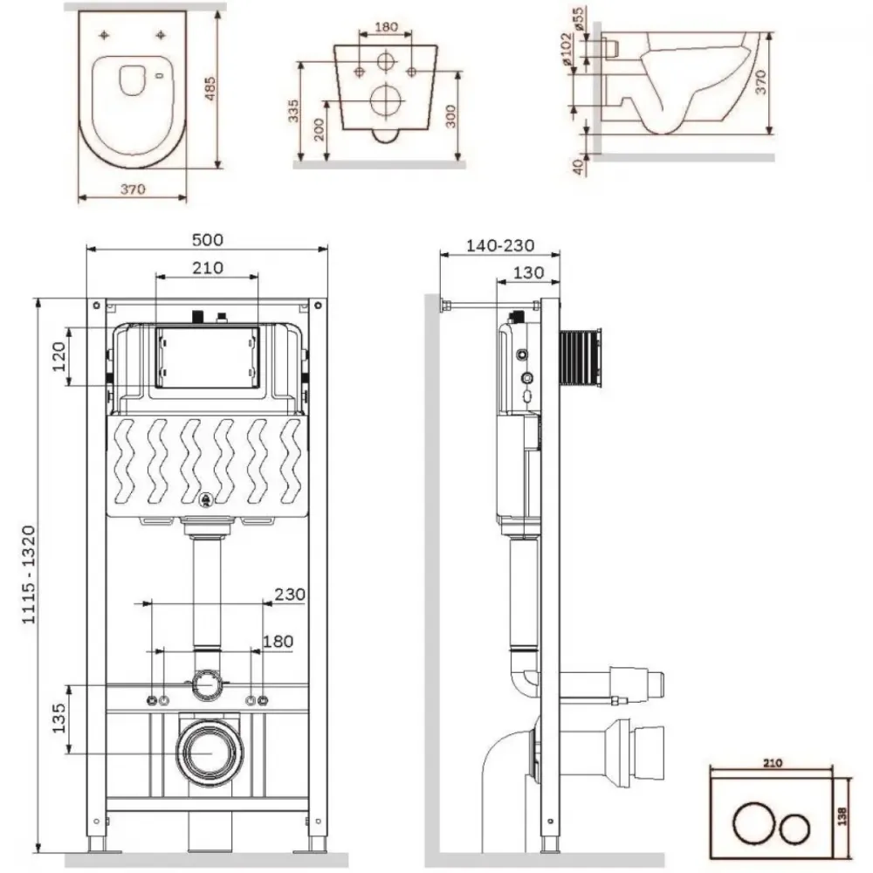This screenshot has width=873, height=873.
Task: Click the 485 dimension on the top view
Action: pos(210,88)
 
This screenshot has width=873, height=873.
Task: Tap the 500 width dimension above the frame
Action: pos(208,239)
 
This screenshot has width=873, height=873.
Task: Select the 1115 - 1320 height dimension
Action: pos(29,574)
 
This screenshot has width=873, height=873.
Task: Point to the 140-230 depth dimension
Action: pos(500,245)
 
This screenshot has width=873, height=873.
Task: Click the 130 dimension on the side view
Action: pos(528,272)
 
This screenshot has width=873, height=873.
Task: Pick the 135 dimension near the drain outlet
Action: pos(59,718)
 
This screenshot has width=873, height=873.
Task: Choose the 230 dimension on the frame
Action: pos(290,594)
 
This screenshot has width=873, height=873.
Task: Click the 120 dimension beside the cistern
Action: pos(59,356)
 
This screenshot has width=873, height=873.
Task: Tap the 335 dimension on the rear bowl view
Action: pos(293,111)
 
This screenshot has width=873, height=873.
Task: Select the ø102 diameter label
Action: pos(567,50)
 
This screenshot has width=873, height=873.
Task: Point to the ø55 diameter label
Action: pos(578,18)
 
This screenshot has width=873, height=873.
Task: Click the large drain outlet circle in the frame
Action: pos(210,750)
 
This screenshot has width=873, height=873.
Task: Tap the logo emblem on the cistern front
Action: pos(207,500)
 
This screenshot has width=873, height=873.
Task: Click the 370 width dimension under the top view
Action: pos(133,189)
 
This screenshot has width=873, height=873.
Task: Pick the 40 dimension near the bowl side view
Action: pos(578,165)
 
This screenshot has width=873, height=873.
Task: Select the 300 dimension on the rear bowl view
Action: pos(450,115)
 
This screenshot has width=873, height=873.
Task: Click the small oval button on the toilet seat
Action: pos(161,75)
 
